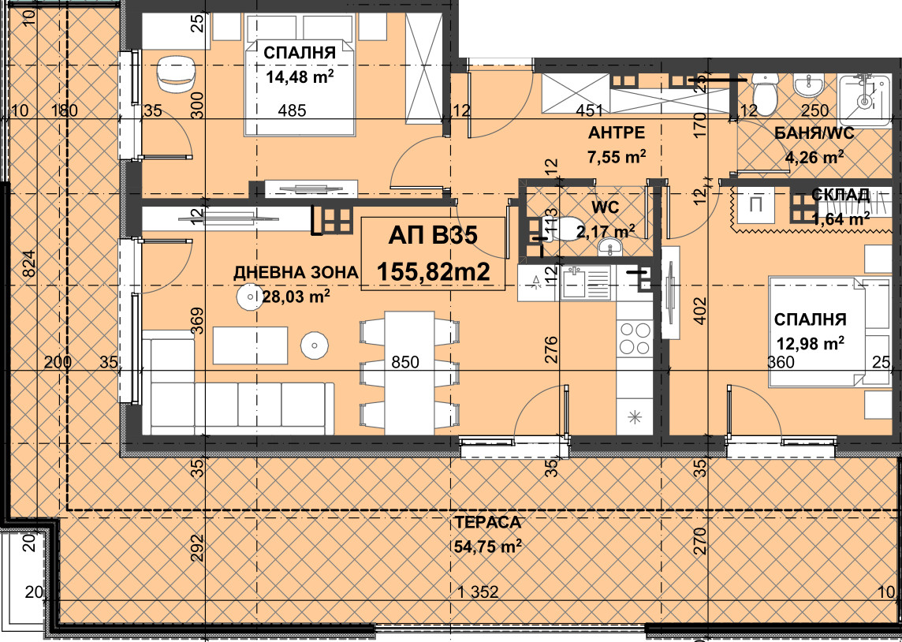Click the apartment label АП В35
[433, 235]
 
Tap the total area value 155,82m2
[433, 271]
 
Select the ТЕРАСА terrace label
[487, 523]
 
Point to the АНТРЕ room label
[616, 133]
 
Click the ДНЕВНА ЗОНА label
[296, 273]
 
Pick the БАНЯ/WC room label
[814, 134]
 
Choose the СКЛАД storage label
[840, 195]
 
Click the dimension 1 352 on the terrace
[478, 592]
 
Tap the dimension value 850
[405, 363]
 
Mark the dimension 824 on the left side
[31, 263]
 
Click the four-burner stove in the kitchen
[635, 338]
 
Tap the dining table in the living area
[409, 373]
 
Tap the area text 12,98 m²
[811, 343]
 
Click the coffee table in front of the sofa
[250, 345]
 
